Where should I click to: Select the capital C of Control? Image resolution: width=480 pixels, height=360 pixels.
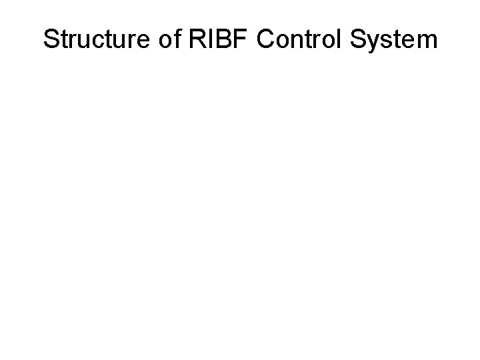tap(266, 39)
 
